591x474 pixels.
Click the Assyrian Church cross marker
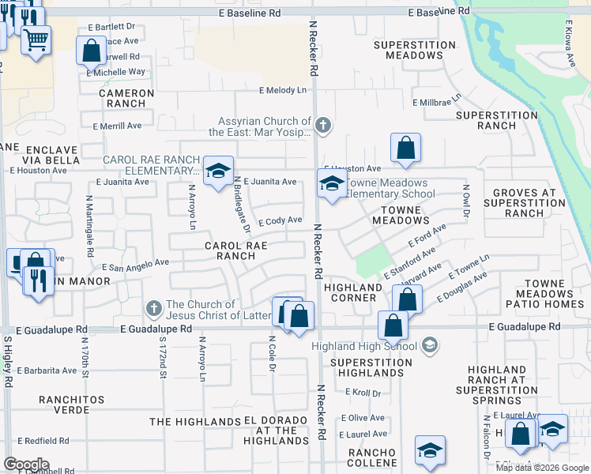coord(322,125)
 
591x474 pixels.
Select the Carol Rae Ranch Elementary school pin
coord(218,171)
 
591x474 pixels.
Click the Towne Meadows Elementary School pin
coord(332,185)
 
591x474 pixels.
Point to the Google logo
coord(26,465)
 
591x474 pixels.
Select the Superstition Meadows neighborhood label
coord(415,51)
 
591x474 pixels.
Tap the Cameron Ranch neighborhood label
coord(126,98)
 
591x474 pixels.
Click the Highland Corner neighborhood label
coord(354,292)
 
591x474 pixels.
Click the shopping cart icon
coord(36,39)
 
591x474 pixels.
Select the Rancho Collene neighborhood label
coord(370,457)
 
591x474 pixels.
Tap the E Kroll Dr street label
coord(363,393)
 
